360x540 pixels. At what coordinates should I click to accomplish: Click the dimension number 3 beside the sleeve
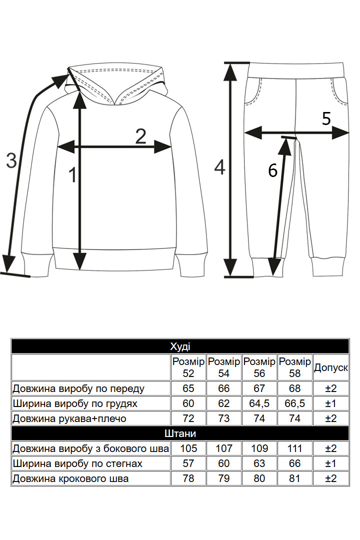11,160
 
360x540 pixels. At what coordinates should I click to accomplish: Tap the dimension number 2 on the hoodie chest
140,136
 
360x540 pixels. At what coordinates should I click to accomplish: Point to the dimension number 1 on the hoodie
72,174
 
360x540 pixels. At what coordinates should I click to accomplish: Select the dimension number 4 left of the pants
219,167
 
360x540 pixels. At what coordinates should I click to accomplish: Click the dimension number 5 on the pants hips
326,118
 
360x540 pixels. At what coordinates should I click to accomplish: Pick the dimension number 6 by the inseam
272,170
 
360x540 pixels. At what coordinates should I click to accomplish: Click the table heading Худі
180,346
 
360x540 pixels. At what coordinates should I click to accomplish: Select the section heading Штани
180,433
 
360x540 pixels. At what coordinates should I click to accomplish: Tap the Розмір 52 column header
188,367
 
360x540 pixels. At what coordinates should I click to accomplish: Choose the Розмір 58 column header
295,367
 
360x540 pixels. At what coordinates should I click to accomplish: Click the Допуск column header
330,367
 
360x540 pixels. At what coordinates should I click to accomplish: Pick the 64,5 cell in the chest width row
259,403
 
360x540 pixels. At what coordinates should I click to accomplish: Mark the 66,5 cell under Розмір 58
295,403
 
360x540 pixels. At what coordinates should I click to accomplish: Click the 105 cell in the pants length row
188,448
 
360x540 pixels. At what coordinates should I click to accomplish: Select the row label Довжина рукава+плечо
69,418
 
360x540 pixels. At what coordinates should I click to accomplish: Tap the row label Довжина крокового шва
70,478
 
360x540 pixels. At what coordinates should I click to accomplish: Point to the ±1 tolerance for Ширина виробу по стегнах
330,463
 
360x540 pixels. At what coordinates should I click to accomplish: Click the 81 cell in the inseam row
295,478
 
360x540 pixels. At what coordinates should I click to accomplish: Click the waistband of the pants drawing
296,70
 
